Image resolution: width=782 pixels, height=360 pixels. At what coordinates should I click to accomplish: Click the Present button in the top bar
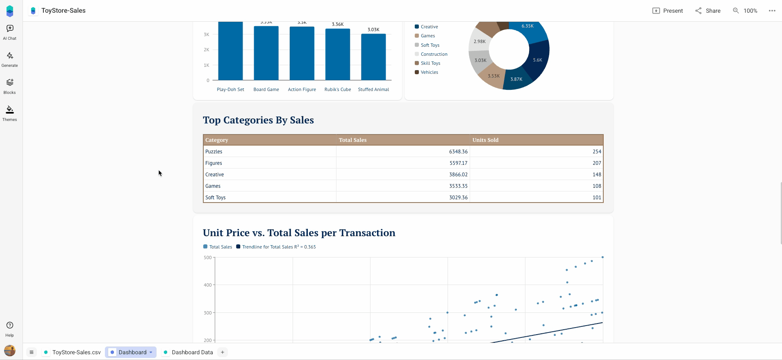coord(667,11)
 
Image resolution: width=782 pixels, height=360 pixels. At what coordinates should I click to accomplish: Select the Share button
coord(708,11)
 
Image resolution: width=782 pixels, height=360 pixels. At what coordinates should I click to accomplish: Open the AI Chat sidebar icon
coord(10,32)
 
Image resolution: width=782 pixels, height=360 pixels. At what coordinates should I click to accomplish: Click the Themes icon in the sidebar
coord(10,113)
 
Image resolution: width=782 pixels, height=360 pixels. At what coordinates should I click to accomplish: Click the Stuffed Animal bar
coord(373,57)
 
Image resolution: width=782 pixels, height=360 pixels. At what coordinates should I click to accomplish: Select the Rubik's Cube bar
coord(338,55)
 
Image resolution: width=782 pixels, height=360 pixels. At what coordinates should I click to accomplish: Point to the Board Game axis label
coord(266,89)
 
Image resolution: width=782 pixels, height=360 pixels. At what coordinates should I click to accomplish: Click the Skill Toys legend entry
coord(430,63)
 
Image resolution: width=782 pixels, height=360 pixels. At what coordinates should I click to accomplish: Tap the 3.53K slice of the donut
coord(493,77)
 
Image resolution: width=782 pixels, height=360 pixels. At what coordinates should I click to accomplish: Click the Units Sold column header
coord(485,140)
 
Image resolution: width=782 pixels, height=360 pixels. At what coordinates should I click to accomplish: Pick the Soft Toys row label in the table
coord(216,198)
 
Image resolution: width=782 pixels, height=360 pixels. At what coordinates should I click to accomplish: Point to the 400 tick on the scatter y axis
coord(208,285)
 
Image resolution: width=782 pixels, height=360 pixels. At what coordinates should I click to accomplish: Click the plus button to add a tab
coord(223,352)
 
